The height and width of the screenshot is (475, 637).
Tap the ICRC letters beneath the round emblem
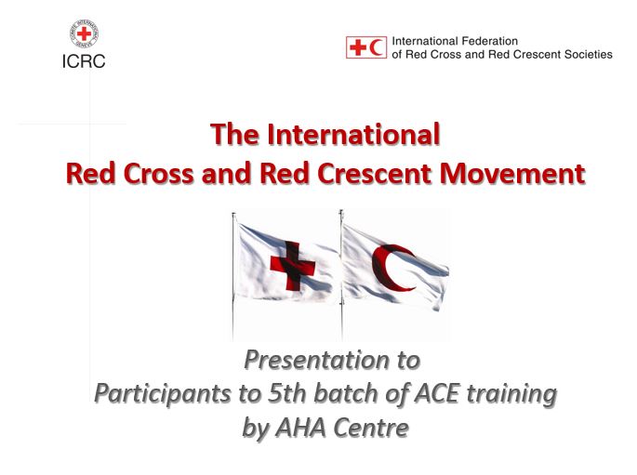[x=84, y=62]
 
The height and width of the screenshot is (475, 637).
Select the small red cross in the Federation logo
[x=356, y=47]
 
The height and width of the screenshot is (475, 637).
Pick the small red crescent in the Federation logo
[x=376, y=47]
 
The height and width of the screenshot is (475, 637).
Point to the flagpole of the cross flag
[x=233, y=279]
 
